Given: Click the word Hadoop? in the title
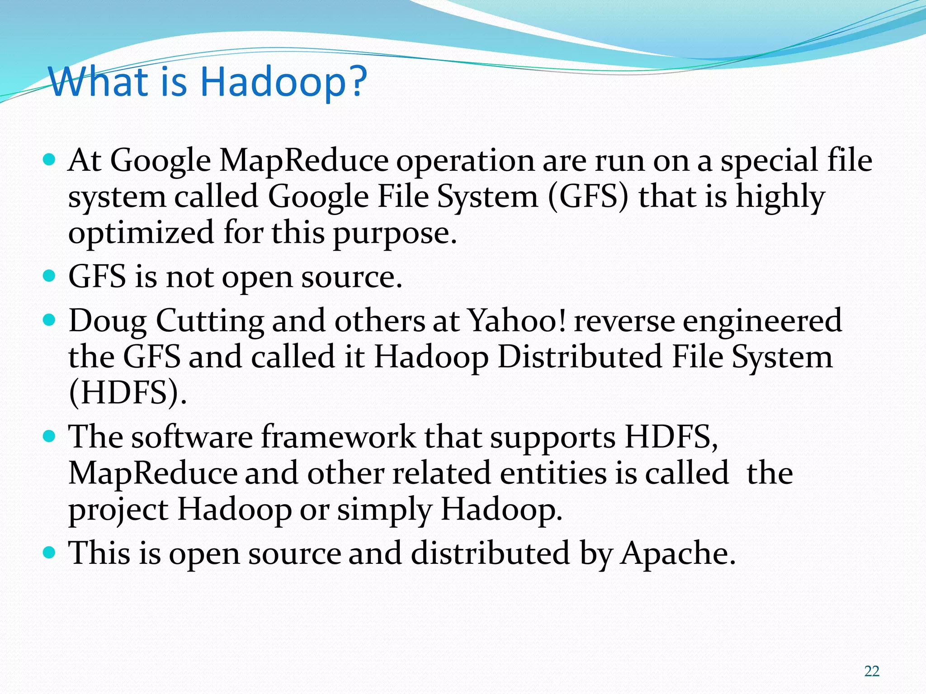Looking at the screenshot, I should point(283,82).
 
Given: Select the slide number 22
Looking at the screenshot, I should point(872,671).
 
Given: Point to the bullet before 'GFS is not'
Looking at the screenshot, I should point(49,276).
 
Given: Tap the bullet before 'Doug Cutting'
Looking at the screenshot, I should point(49,320).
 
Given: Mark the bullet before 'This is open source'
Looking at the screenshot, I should point(49,552).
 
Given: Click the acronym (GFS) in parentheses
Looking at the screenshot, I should point(588,197).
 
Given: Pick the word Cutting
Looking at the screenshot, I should point(210,321).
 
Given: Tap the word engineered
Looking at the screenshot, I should point(762,321).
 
